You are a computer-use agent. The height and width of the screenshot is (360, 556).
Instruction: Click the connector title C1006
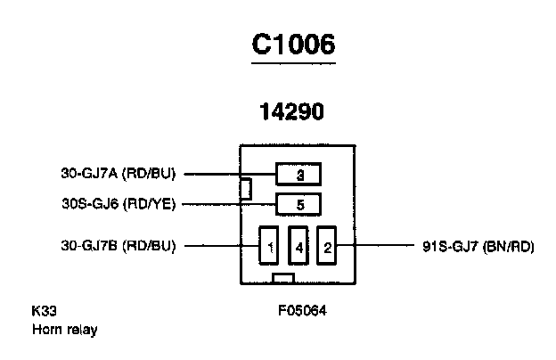(x=293, y=45)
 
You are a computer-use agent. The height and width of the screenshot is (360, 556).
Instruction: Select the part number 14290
(x=292, y=111)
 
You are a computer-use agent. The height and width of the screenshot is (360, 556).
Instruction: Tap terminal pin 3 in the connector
(x=298, y=174)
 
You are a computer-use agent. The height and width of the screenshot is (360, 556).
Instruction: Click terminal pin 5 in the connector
(x=298, y=205)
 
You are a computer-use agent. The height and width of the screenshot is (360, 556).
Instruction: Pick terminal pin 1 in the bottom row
(x=269, y=245)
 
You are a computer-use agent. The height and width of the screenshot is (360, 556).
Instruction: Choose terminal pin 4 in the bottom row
(x=298, y=245)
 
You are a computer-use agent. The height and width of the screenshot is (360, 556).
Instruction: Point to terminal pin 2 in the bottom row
(x=327, y=245)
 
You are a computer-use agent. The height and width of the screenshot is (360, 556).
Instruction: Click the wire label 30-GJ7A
(x=89, y=174)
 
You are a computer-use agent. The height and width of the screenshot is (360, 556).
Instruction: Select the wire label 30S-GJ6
(x=90, y=204)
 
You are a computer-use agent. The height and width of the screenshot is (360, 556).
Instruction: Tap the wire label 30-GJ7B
(x=89, y=245)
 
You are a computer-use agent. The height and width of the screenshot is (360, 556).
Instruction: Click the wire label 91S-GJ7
(x=450, y=246)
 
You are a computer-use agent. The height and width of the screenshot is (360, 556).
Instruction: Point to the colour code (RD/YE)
(x=150, y=204)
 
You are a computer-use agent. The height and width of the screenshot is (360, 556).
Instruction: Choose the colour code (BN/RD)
(x=509, y=246)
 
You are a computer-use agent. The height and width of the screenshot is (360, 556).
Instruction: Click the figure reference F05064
(x=302, y=311)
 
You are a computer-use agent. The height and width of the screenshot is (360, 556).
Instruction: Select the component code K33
(x=44, y=311)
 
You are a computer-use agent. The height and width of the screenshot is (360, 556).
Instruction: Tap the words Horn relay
(x=64, y=330)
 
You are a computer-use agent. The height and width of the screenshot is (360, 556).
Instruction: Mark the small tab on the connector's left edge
(x=246, y=189)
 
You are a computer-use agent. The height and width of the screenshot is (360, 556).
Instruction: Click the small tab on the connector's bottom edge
(x=283, y=278)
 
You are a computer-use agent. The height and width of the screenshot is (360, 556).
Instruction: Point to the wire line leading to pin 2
(x=375, y=245)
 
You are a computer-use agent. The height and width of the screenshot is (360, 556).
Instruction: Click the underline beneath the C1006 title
(x=293, y=63)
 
